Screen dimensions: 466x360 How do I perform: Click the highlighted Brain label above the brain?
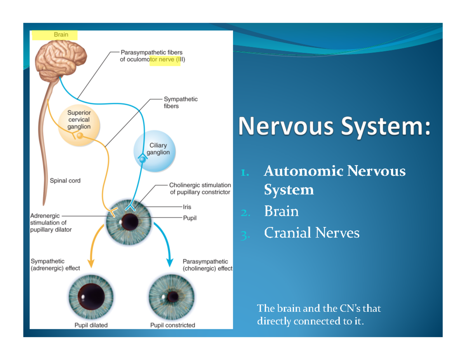click(x=61, y=35)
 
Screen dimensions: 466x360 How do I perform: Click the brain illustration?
click(x=61, y=61)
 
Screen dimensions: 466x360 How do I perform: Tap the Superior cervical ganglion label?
click(x=79, y=120)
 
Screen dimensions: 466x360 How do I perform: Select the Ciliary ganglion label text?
click(x=158, y=149)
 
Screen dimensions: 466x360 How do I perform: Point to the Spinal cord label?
click(x=65, y=181)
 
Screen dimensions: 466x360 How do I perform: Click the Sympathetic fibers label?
click(x=181, y=103)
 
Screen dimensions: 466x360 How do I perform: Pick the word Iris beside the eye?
click(x=187, y=207)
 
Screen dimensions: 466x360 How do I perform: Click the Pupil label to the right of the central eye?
click(x=190, y=218)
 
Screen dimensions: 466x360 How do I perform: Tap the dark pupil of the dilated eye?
click(x=91, y=297)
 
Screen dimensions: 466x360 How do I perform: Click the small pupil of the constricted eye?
click(x=173, y=297)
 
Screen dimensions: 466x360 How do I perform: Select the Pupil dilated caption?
click(x=91, y=325)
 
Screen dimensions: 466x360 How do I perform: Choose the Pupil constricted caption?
click(x=173, y=325)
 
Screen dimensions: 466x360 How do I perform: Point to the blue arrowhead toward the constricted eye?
click(x=170, y=263)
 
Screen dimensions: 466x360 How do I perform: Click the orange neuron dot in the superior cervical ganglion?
click(x=80, y=136)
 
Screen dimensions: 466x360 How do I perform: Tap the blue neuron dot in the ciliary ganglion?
click(x=142, y=159)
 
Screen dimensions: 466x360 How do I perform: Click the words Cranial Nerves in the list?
click(x=312, y=233)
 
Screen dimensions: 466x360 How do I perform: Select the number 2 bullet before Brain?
click(x=245, y=213)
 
